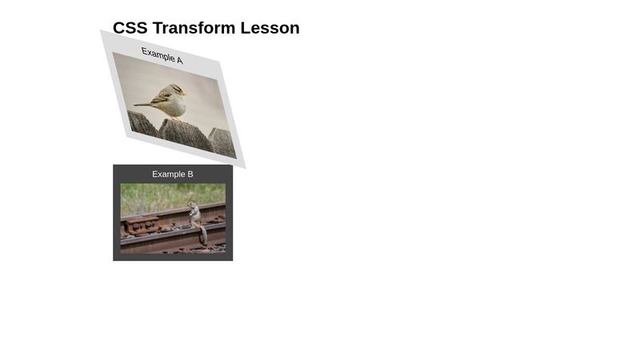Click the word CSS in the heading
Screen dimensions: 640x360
(x=130, y=28)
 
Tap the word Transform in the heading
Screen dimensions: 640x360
(x=194, y=28)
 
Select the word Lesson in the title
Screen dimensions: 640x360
(x=270, y=28)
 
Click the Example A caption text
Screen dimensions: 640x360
(x=162, y=55)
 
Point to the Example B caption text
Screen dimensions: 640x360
(x=173, y=174)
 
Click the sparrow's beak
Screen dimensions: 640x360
(x=185, y=94)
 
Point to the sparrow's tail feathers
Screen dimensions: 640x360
(x=142, y=105)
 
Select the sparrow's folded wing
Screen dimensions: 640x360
(x=162, y=97)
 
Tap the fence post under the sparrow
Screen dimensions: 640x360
(x=186, y=134)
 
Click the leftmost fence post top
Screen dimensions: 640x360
(x=142, y=123)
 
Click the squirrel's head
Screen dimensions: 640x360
(x=193, y=204)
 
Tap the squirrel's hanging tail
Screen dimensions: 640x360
(x=203, y=235)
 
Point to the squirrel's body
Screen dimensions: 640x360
(x=195, y=216)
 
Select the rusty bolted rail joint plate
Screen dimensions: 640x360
(x=141, y=226)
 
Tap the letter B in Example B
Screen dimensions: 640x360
(x=190, y=174)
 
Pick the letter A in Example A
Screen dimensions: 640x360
(x=179, y=60)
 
